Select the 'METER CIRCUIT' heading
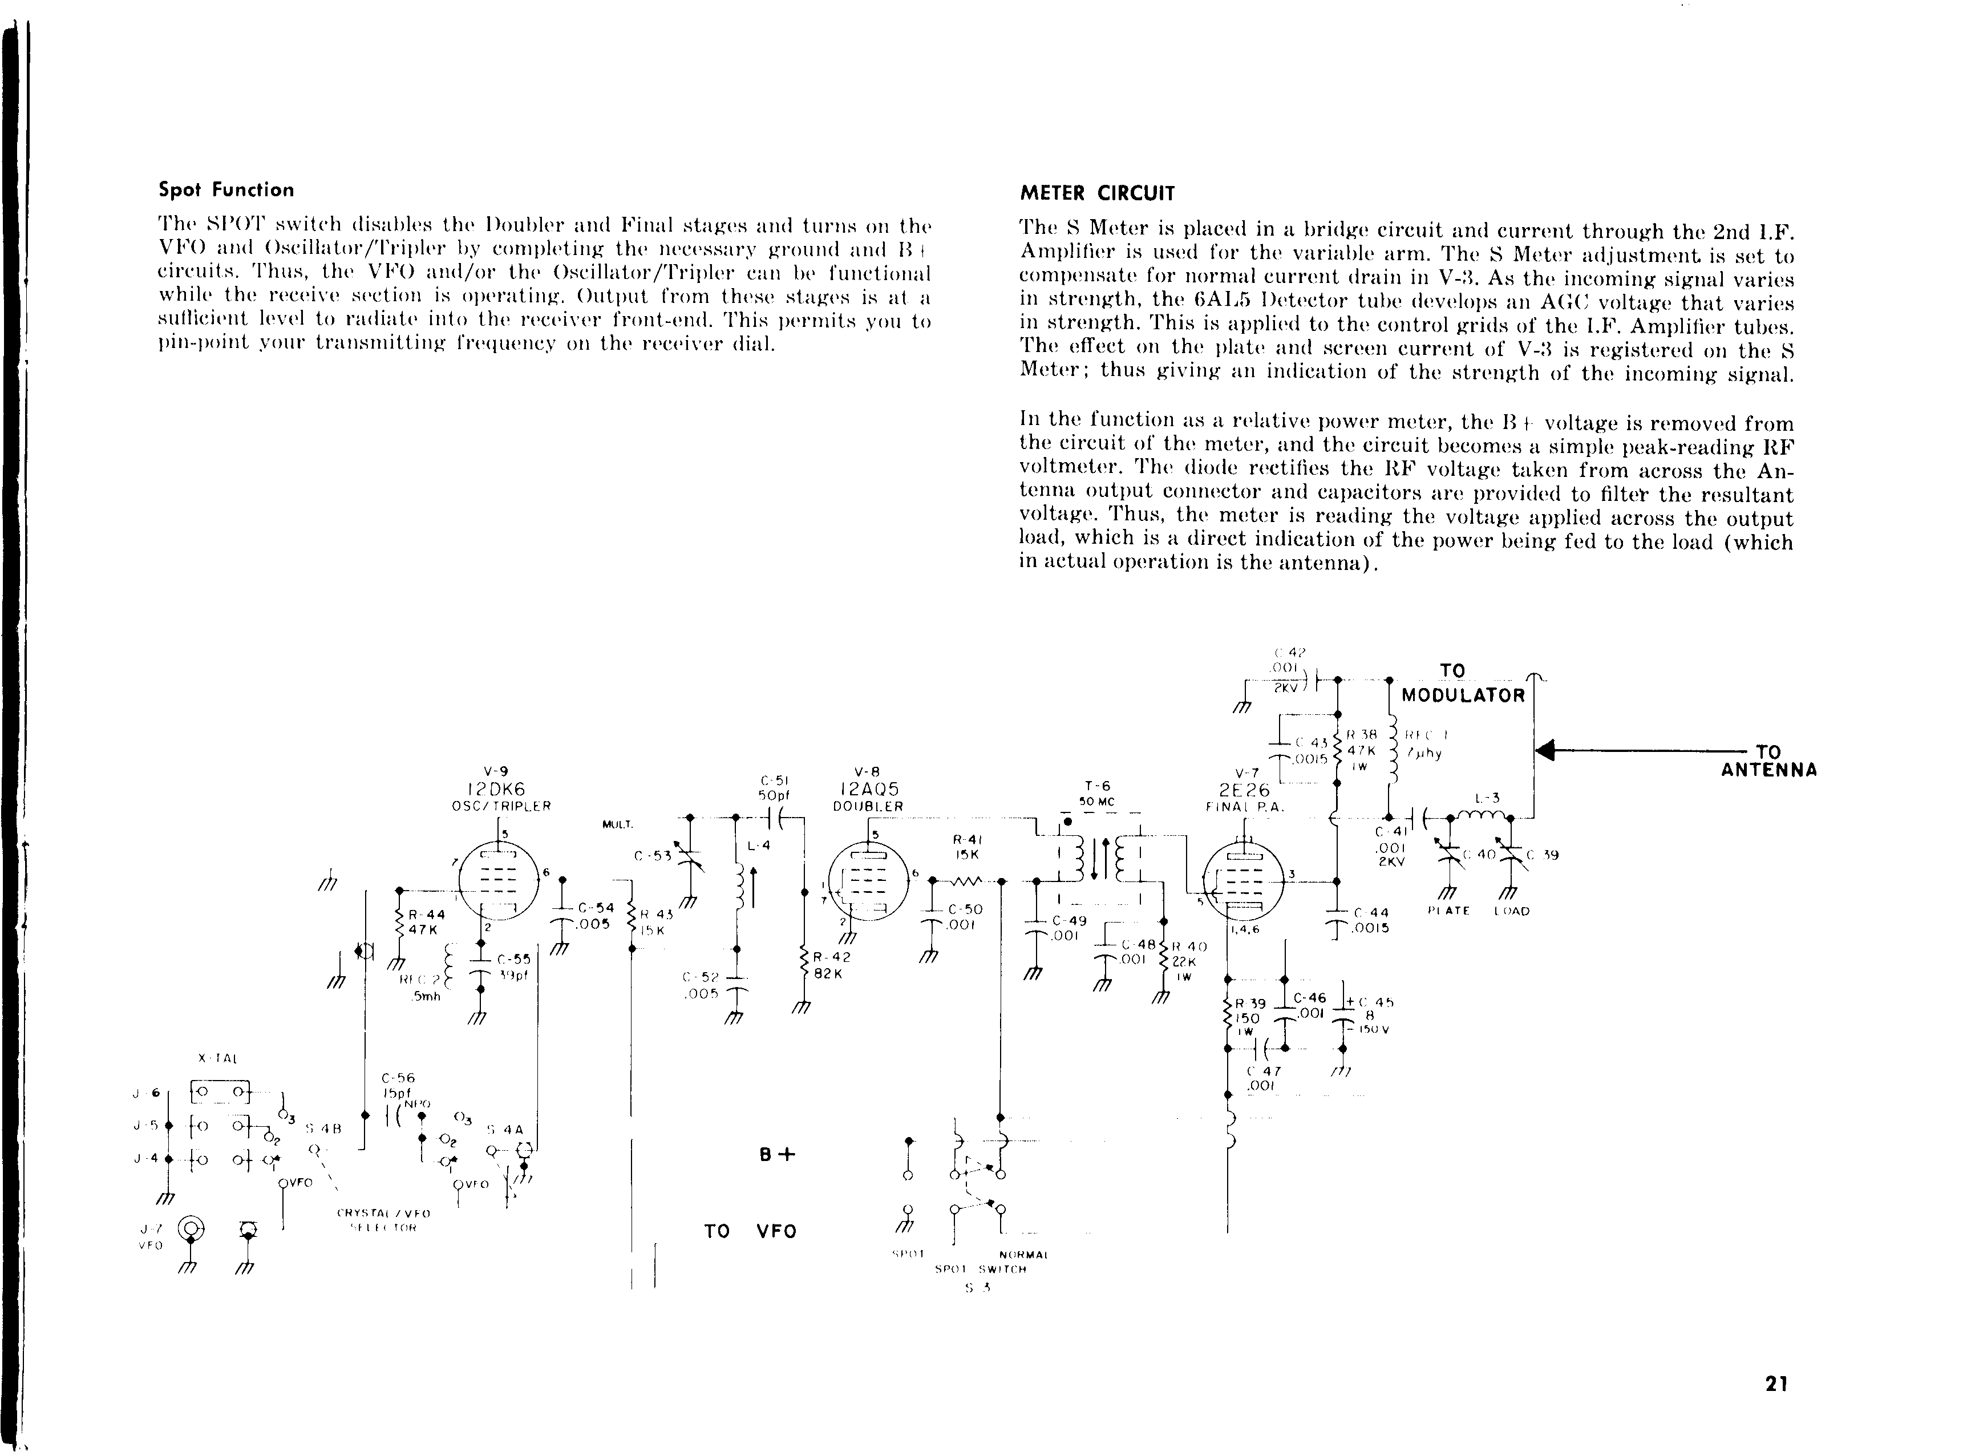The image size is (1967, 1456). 1096,193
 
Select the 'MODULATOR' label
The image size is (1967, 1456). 1463,695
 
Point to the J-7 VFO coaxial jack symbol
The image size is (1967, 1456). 191,1228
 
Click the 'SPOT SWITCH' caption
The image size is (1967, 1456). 980,1270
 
